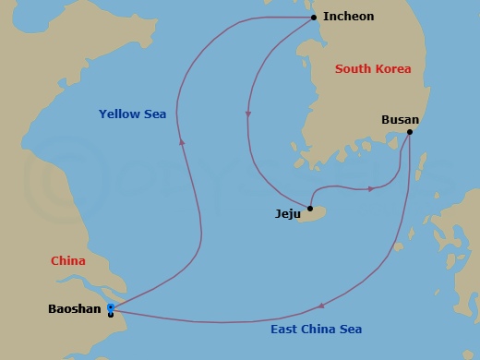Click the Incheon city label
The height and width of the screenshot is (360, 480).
[349, 17]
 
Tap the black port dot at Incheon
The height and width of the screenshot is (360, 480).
[314, 18]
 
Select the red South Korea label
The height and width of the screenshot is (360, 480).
[373, 69]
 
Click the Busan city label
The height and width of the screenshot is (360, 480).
[401, 120]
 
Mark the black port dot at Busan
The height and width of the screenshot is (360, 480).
[409, 132]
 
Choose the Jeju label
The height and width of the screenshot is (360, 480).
[289, 213]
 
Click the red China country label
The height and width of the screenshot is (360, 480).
[67, 261]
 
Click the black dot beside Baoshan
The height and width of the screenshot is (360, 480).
[111, 314]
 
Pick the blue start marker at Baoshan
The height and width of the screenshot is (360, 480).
[111, 306]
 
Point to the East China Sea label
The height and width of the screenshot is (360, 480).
[316, 330]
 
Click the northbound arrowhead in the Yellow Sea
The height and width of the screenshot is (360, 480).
[183, 141]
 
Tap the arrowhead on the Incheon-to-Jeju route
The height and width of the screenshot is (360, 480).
[247, 114]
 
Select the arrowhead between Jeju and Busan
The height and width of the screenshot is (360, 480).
[371, 188]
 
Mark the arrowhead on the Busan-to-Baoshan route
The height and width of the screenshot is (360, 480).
[319, 306]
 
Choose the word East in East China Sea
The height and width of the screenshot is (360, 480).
[284, 330]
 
